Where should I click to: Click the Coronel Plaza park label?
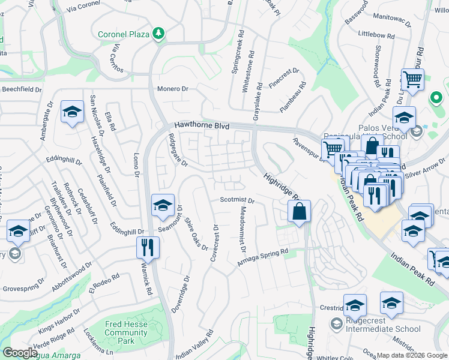(x=123, y=33)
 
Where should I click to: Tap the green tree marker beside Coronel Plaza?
(x=158, y=33)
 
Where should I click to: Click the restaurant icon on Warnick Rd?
(x=147, y=246)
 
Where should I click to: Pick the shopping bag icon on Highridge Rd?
(x=298, y=211)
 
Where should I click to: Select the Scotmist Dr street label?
(x=237, y=200)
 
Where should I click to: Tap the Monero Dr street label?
(x=173, y=89)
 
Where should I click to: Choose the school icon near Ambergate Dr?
(x=72, y=112)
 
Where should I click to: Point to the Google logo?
(x=19, y=353)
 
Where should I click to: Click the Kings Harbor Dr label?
(x=59, y=321)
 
